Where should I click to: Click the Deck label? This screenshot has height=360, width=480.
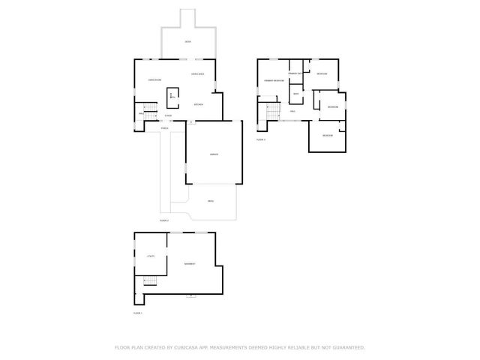(187, 42)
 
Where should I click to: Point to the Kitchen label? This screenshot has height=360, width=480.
(199, 104)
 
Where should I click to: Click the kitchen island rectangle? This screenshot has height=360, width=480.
(173, 94)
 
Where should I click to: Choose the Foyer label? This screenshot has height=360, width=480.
(168, 115)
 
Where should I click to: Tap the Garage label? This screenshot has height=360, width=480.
(214, 154)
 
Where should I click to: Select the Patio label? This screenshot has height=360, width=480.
(211, 202)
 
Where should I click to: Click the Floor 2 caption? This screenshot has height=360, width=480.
(164, 220)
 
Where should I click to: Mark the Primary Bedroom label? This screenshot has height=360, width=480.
(273, 79)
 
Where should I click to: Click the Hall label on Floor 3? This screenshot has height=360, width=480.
(292, 111)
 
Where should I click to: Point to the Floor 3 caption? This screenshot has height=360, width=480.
(261, 139)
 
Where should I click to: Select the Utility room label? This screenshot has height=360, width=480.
(150, 257)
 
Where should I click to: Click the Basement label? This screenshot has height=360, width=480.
(190, 263)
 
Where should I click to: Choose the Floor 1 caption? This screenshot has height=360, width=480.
(137, 312)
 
